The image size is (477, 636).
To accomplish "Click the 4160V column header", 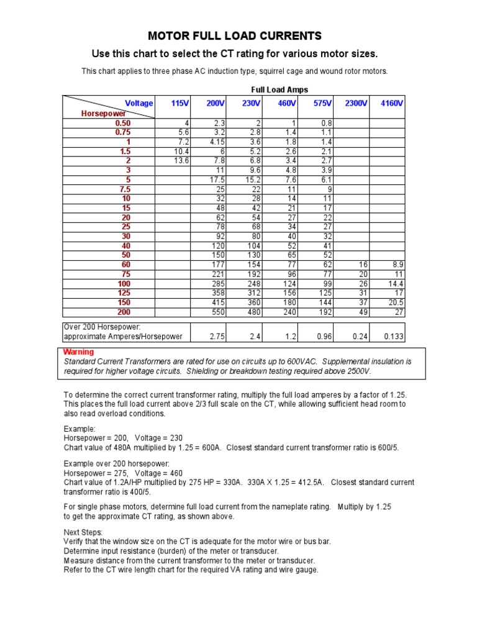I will coord(391,103).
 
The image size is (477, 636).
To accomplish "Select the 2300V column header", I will coord(356,103).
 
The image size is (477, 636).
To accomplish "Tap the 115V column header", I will coord(180,103).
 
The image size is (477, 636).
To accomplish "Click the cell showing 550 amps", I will coord(216,312).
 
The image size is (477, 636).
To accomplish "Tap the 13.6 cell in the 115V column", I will coord(181,161).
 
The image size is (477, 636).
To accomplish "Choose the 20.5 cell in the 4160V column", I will coord(395,302).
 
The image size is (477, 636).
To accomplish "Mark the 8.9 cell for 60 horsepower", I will coord(397,265).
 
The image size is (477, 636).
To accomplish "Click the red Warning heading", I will coord(79,352).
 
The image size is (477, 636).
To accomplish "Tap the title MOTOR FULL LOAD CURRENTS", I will coord(235,35).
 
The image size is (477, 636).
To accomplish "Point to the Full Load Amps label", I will coord(279,90).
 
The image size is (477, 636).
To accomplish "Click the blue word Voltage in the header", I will coord(139,103).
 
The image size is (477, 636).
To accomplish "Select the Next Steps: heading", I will coord(84,532).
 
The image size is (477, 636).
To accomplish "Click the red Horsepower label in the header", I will coord(104,114).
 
